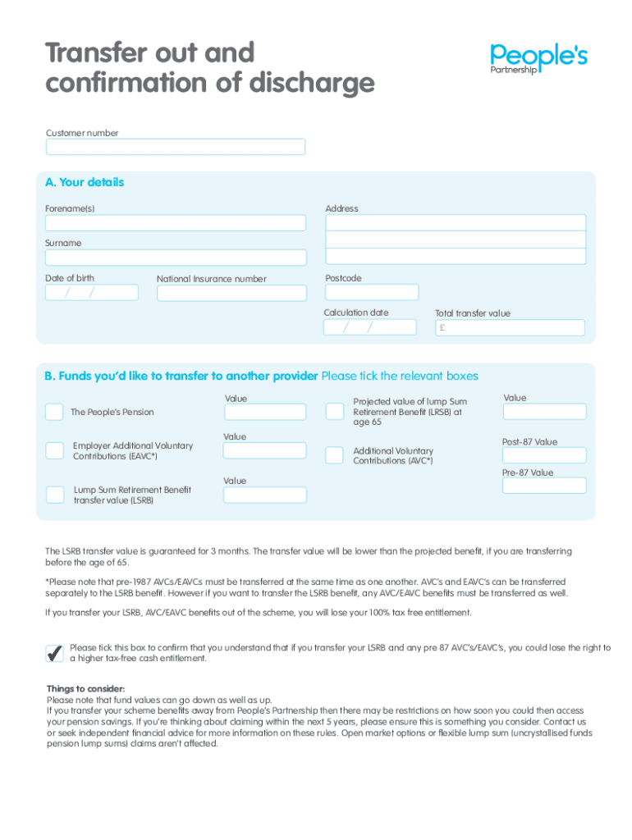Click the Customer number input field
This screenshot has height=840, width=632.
tap(176, 147)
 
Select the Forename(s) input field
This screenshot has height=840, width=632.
tap(176, 223)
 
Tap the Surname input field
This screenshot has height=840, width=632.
tap(176, 258)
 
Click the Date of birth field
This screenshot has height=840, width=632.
tap(92, 293)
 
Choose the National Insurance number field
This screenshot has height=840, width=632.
tap(231, 293)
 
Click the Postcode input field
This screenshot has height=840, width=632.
tap(372, 292)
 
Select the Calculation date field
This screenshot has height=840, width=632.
tap(370, 327)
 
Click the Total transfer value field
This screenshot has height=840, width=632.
tap(510, 328)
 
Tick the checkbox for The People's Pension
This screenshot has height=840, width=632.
tap(54, 412)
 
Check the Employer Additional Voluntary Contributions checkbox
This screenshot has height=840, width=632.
tap(54, 450)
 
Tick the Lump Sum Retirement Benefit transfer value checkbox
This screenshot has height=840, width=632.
tap(54, 494)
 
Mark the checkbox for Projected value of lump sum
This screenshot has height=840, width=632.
tap(335, 411)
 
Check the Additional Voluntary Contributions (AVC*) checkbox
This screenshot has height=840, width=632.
tap(335, 455)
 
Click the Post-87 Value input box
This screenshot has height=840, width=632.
tap(544, 455)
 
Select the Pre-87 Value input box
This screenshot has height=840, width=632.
tap(544, 486)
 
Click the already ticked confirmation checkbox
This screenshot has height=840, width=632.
tap(55, 653)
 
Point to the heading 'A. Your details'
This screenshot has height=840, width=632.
tap(85, 182)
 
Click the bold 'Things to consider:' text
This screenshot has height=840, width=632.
tap(86, 688)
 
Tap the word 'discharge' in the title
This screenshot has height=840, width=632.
tap(311, 83)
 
